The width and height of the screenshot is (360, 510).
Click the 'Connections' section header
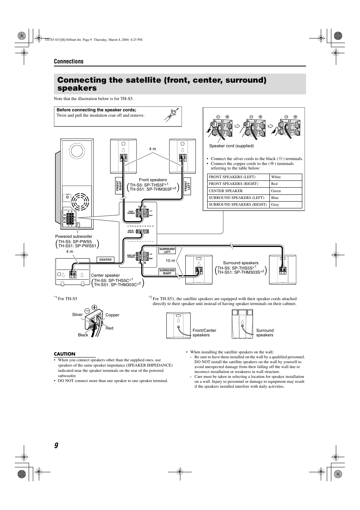tap(68, 62)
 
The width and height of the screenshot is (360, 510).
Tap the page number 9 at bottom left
tap(56, 445)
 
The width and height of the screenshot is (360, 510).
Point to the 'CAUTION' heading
tap(65, 354)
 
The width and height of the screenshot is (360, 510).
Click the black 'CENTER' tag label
tap(106, 260)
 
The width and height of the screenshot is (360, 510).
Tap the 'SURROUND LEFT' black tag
tap(167, 250)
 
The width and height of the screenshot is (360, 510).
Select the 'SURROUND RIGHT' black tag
tap(167, 272)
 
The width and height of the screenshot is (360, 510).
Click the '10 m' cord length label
tap(171, 261)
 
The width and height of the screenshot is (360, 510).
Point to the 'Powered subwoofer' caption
tap(74, 237)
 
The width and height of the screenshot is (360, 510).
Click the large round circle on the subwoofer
tap(77, 151)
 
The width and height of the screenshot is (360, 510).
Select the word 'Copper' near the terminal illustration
tap(112, 315)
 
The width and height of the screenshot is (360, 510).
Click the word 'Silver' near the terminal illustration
tap(77, 315)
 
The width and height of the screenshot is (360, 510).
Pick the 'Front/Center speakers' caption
tap(204, 333)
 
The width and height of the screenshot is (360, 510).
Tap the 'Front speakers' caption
tap(153, 180)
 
